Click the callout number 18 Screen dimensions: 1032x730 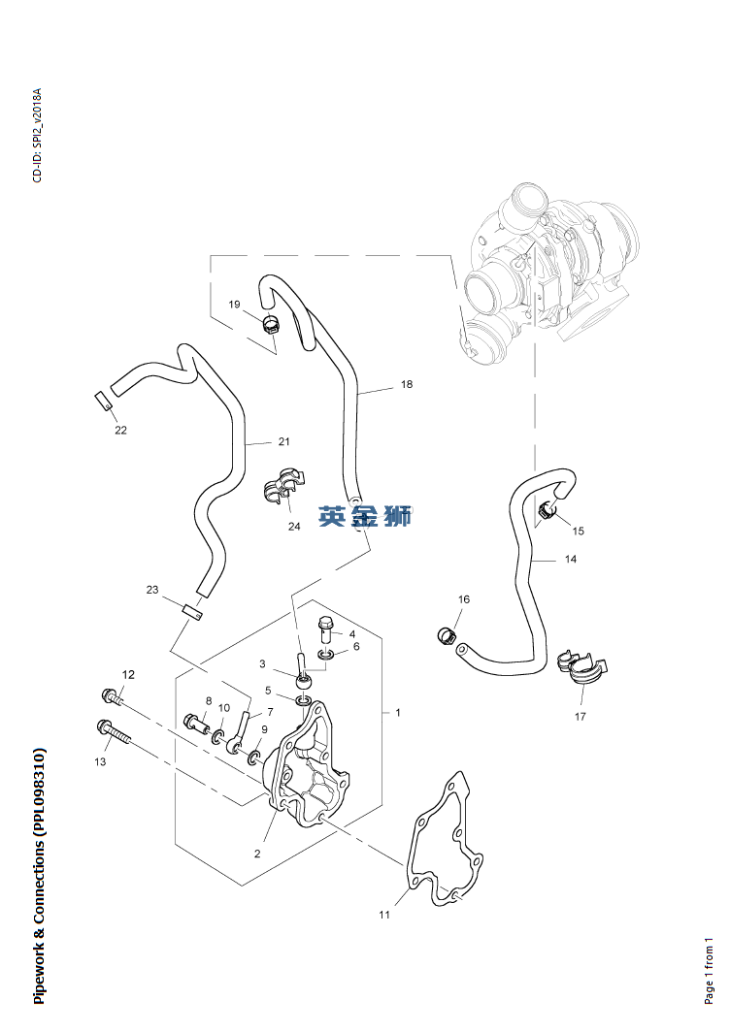tap(406, 385)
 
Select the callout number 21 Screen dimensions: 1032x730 tap(283, 442)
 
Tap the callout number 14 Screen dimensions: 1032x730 tap(570, 560)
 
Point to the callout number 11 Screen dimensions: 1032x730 tap(384, 915)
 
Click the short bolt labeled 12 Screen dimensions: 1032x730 tap(113, 694)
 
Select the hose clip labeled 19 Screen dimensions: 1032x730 tap(271, 322)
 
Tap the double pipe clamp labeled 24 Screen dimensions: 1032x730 tap(283, 488)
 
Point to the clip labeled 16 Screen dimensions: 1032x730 tap(447, 635)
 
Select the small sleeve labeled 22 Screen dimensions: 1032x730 tap(101, 399)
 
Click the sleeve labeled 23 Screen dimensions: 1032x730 tap(191, 611)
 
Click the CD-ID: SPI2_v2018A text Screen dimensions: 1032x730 tap(37, 136)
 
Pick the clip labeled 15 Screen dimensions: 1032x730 tap(549, 510)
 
